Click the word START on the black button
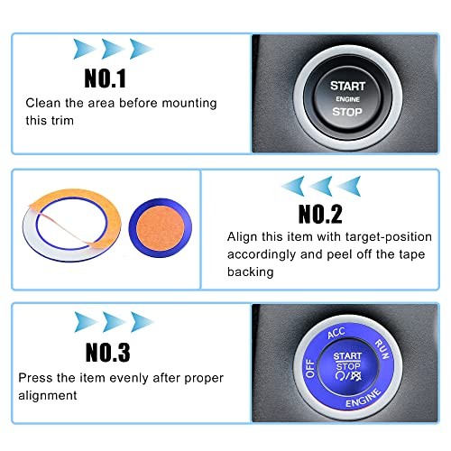[x=347, y=85]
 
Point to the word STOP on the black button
[x=347, y=113]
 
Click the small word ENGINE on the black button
[x=347, y=99]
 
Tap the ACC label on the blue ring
[x=336, y=333]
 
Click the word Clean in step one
[x=41, y=103]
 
